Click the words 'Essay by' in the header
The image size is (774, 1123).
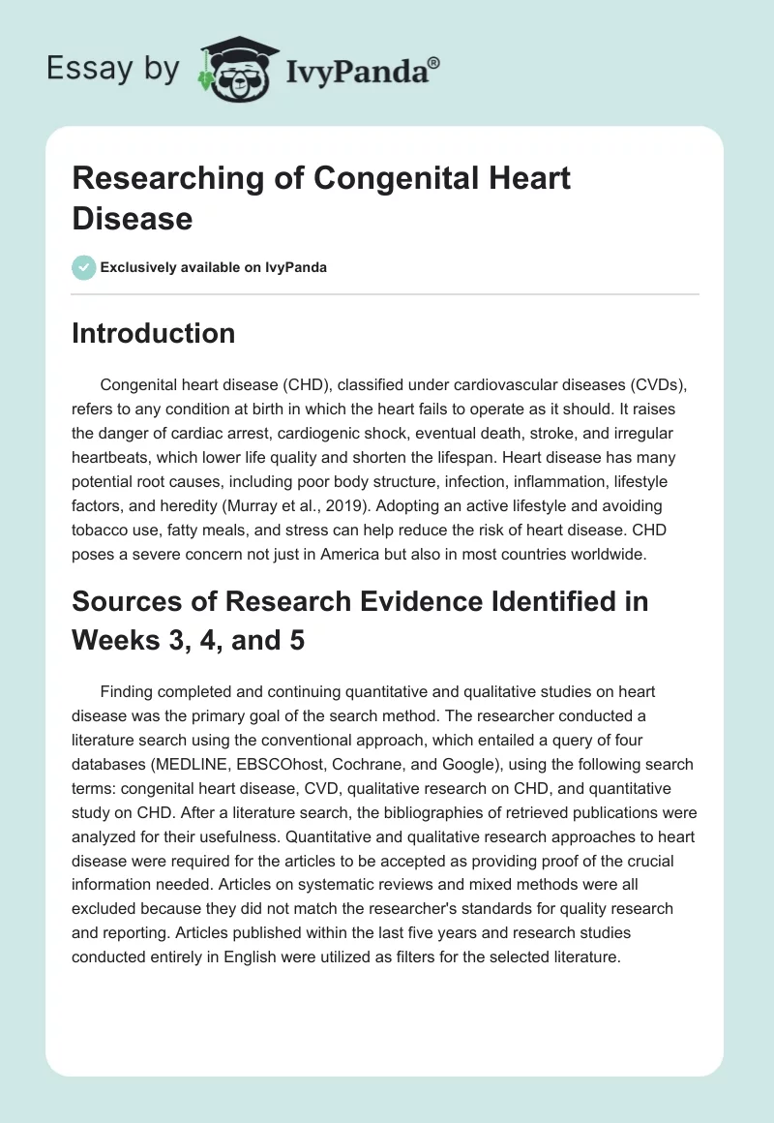[x=113, y=69]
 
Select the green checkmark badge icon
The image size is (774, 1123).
[x=84, y=267]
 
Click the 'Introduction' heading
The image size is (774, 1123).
[x=154, y=333]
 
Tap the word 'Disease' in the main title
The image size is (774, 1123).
[x=132, y=218]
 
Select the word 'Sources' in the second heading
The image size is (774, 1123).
[x=129, y=601]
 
